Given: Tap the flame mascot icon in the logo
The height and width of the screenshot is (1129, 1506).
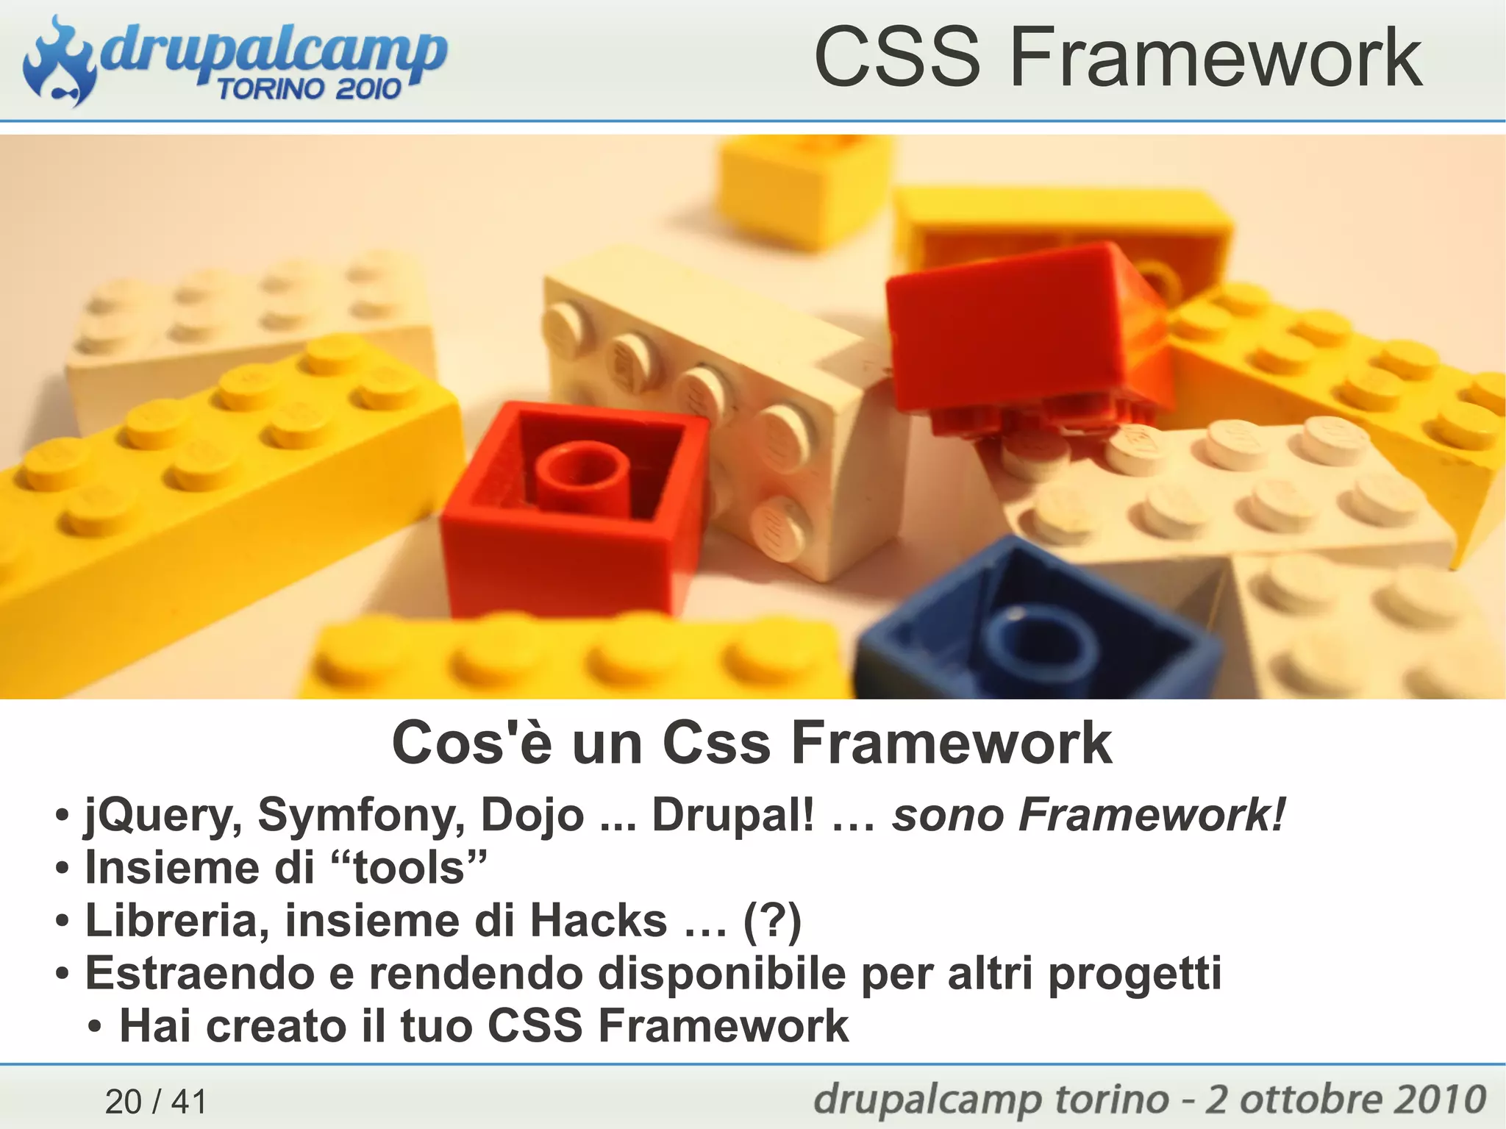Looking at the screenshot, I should click(59, 63).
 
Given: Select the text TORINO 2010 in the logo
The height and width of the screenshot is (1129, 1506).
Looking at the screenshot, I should click(309, 89).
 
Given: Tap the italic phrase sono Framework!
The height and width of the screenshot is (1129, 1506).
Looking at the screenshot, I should click(1089, 816).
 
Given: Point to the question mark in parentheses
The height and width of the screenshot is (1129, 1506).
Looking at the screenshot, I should click(772, 921).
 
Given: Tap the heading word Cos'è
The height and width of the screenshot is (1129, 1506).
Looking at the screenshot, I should click(471, 744).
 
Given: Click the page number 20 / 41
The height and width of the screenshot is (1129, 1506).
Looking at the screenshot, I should click(156, 1101).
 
